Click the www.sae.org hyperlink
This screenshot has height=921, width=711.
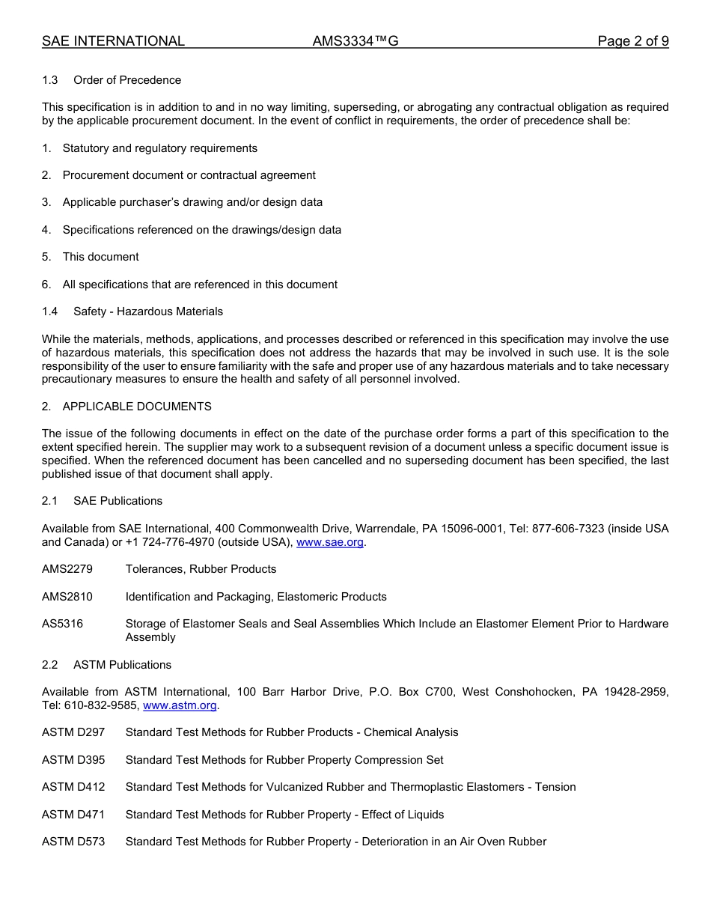click(x=330, y=542)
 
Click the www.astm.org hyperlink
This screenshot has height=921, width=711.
click(x=180, y=705)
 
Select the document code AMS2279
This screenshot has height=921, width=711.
click(x=67, y=569)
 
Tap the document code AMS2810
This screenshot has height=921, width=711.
click(x=67, y=597)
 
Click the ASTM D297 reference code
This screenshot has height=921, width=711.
click(x=73, y=732)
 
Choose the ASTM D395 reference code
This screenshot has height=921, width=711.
click(x=73, y=760)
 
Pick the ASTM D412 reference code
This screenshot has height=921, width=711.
click(x=73, y=787)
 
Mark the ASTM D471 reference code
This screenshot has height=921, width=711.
click(x=73, y=815)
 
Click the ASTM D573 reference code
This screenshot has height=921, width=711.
click(x=73, y=842)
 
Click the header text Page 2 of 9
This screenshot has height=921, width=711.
click(x=633, y=41)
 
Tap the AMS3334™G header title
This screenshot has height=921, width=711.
click(x=355, y=41)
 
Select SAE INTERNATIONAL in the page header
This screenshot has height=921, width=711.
click(x=113, y=41)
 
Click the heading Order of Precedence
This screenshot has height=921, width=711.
click(x=127, y=80)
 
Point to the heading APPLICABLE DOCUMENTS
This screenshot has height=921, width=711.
click(x=137, y=407)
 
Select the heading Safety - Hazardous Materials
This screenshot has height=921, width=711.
click(x=148, y=311)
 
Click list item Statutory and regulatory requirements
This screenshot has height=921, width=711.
click(x=160, y=148)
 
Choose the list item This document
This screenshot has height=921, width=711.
click(x=100, y=257)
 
